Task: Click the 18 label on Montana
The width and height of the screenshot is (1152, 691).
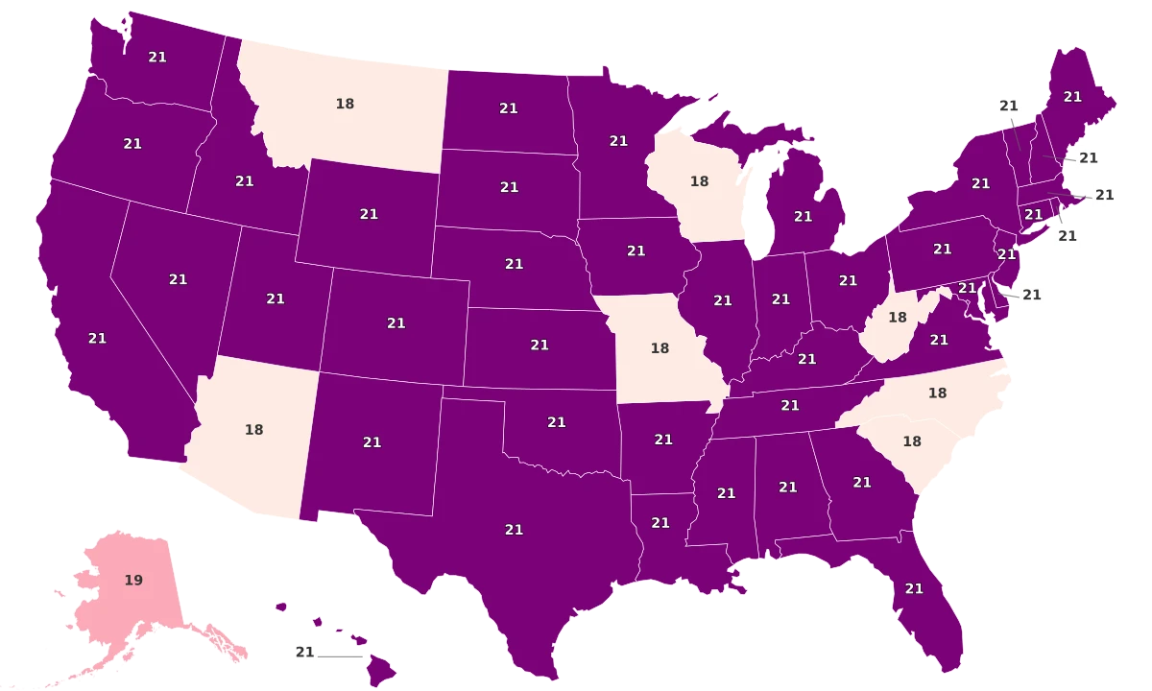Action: [345, 104]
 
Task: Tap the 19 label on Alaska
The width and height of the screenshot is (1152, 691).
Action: [133, 581]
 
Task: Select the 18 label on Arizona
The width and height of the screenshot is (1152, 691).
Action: [253, 430]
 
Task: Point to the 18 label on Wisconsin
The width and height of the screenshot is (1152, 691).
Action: [699, 180]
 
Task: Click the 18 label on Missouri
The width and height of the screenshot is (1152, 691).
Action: [660, 348]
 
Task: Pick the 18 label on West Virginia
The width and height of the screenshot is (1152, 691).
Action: [898, 317]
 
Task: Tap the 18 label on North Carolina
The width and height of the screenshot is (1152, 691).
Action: [937, 393]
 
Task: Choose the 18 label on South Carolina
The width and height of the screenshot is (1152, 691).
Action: [912, 441]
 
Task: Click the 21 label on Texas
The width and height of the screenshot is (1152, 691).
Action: [514, 529]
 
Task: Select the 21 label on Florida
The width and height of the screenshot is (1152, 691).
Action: [914, 588]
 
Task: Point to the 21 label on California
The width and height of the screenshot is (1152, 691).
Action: [97, 338]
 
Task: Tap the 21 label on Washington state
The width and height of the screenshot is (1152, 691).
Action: [157, 57]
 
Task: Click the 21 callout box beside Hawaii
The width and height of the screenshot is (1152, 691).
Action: [305, 653]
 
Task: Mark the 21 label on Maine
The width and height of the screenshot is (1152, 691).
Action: [1072, 96]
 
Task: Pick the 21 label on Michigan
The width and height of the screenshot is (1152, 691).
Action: [804, 217]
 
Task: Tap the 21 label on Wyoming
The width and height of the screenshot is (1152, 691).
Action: [369, 214]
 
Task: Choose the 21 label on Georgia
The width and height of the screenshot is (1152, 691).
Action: [862, 482]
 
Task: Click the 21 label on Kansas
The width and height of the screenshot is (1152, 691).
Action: [540, 345]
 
